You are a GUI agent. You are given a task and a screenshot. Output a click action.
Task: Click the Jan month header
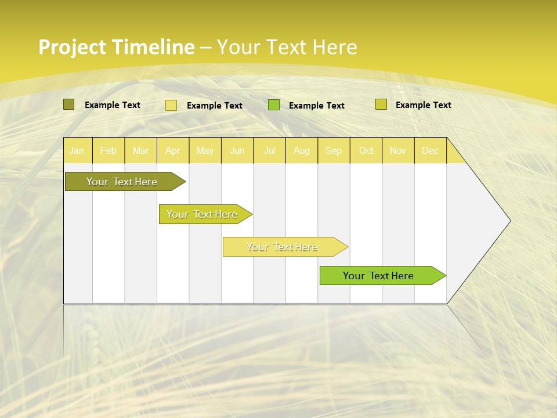click(77, 150)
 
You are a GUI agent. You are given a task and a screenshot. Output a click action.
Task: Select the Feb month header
click(108, 150)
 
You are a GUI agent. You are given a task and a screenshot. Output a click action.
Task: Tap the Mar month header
click(140, 150)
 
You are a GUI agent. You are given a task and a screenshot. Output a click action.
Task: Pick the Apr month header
click(173, 150)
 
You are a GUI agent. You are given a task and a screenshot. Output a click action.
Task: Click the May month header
click(205, 150)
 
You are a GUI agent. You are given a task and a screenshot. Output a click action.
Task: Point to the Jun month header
click(237, 150)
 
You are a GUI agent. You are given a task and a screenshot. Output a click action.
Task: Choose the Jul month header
click(269, 150)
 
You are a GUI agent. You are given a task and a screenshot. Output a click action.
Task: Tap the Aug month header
click(302, 150)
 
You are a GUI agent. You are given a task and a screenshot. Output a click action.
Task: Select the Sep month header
click(334, 150)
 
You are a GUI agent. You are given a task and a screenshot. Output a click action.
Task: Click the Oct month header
click(366, 150)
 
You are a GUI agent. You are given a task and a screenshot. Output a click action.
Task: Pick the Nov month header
click(398, 150)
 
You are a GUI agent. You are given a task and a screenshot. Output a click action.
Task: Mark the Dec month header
click(430, 150)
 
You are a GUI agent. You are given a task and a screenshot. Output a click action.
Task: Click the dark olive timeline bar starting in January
click(122, 182)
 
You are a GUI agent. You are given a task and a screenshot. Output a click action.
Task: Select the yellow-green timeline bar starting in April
click(202, 214)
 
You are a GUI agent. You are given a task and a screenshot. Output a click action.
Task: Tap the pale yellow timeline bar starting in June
click(283, 247)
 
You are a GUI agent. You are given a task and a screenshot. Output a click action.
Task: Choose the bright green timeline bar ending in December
click(379, 276)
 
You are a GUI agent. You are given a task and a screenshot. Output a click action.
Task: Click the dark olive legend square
click(69, 105)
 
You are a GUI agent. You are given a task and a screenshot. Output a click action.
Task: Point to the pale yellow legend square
click(171, 105)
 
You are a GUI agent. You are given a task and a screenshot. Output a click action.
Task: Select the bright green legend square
click(274, 105)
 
